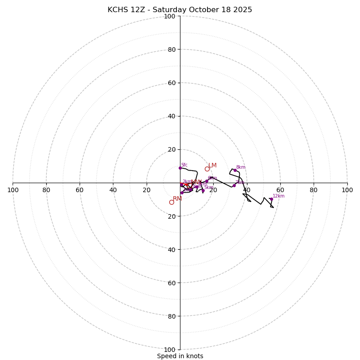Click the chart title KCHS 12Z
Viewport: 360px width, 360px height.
pyautogui.click(x=180, y=10)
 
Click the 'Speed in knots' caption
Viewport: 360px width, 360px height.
pyautogui.click(x=180, y=356)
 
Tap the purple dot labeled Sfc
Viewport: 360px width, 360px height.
pyautogui.click(x=180, y=168)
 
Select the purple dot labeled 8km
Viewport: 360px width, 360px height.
pyautogui.click(x=235, y=170)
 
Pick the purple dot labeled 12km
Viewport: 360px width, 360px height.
pyautogui.click(x=271, y=199)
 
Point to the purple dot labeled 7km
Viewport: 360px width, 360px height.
pyautogui.click(x=234, y=185)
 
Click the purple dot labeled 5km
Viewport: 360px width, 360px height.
pyautogui.click(x=203, y=190)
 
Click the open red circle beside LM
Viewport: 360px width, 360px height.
pyautogui.click(x=207, y=169)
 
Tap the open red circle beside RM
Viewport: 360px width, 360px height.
pyautogui.click(x=171, y=202)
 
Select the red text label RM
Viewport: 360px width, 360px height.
pyautogui.click(x=177, y=199)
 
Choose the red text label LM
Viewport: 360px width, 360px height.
pyautogui.click(x=212, y=166)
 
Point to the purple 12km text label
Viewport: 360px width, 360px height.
pyautogui.click(x=279, y=196)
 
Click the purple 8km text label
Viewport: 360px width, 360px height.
pyautogui.click(x=241, y=167)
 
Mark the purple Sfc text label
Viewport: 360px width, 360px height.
pyautogui.click(x=184, y=165)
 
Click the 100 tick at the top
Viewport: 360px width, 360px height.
pyautogui.click(x=170, y=16)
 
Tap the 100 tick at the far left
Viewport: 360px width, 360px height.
pyautogui.click(x=13, y=190)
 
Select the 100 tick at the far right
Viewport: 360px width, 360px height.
pyautogui.click(x=347, y=190)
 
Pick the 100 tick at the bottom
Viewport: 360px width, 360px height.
pyautogui.click(x=170, y=350)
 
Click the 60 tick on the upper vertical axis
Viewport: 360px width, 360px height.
pyautogui.click(x=171, y=83)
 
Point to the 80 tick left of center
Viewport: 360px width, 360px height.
pyautogui.click(x=46, y=190)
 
